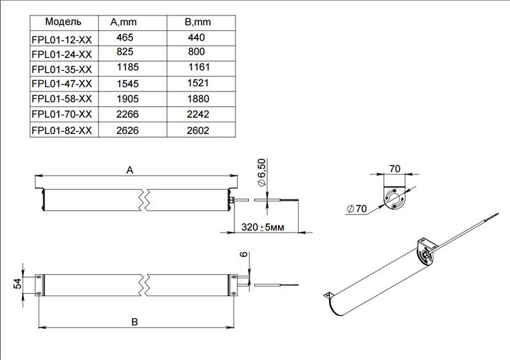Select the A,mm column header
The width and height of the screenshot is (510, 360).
(123, 22)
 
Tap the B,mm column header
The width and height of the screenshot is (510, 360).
(198, 22)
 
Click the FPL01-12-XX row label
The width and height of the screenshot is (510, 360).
(62, 38)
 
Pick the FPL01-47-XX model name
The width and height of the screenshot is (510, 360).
(62, 83)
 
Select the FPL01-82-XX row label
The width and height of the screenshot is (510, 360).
(62, 130)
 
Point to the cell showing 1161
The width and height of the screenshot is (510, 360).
(199, 68)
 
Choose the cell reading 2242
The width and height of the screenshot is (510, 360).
(198, 115)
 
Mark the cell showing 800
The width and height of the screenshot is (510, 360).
(198, 52)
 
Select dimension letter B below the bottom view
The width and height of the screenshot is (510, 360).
(135, 321)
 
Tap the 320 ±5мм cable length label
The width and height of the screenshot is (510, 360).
(262, 227)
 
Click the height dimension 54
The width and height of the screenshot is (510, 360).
(18, 284)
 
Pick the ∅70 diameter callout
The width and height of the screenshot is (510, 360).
(355, 209)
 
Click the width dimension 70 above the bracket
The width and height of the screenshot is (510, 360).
(395, 169)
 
